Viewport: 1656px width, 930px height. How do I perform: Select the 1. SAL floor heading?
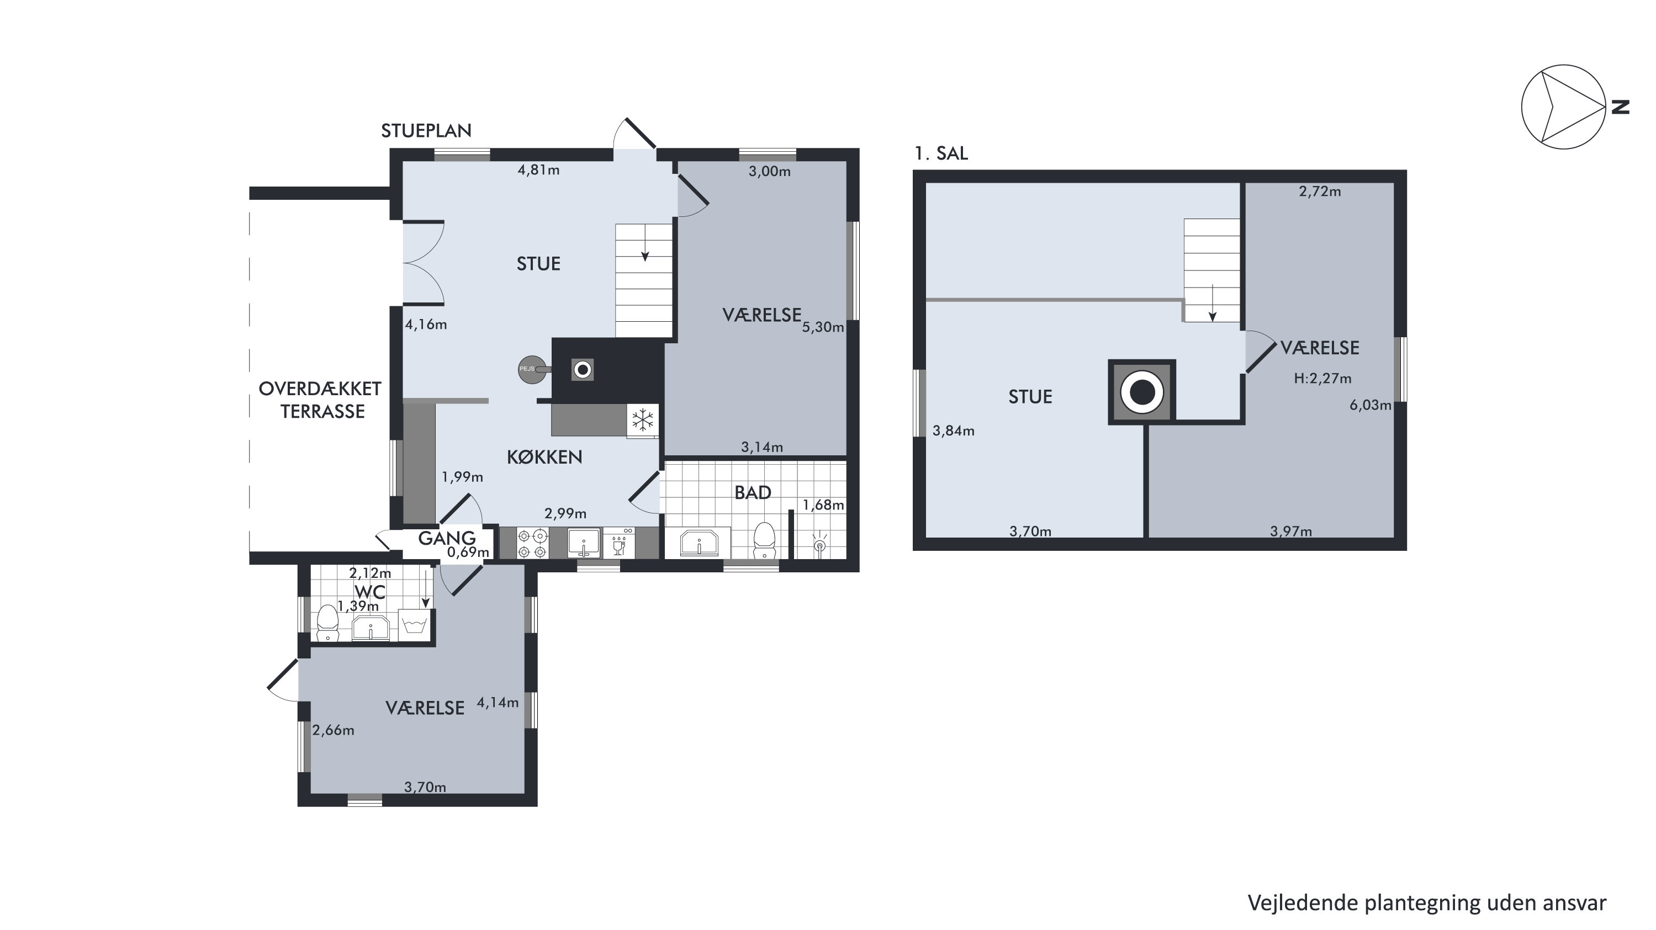(941, 153)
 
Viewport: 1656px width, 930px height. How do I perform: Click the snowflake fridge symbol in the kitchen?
(642, 421)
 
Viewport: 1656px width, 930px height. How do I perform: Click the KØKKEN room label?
(544, 457)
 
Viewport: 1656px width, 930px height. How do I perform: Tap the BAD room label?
(753, 493)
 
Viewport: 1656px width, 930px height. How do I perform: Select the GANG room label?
(447, 538)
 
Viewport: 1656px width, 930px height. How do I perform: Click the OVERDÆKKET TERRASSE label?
(320, 400)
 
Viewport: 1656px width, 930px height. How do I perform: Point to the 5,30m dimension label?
(823, 327)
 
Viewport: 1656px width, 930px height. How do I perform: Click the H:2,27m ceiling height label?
(1322, 379)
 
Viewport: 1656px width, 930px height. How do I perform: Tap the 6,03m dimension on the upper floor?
(1371, 406)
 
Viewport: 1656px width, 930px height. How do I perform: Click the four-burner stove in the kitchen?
(533, 543)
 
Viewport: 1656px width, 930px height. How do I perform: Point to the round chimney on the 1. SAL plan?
(1142, 392)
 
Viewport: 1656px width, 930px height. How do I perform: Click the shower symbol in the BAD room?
(819, 543)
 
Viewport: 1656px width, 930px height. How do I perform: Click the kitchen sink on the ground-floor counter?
(584, 543)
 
